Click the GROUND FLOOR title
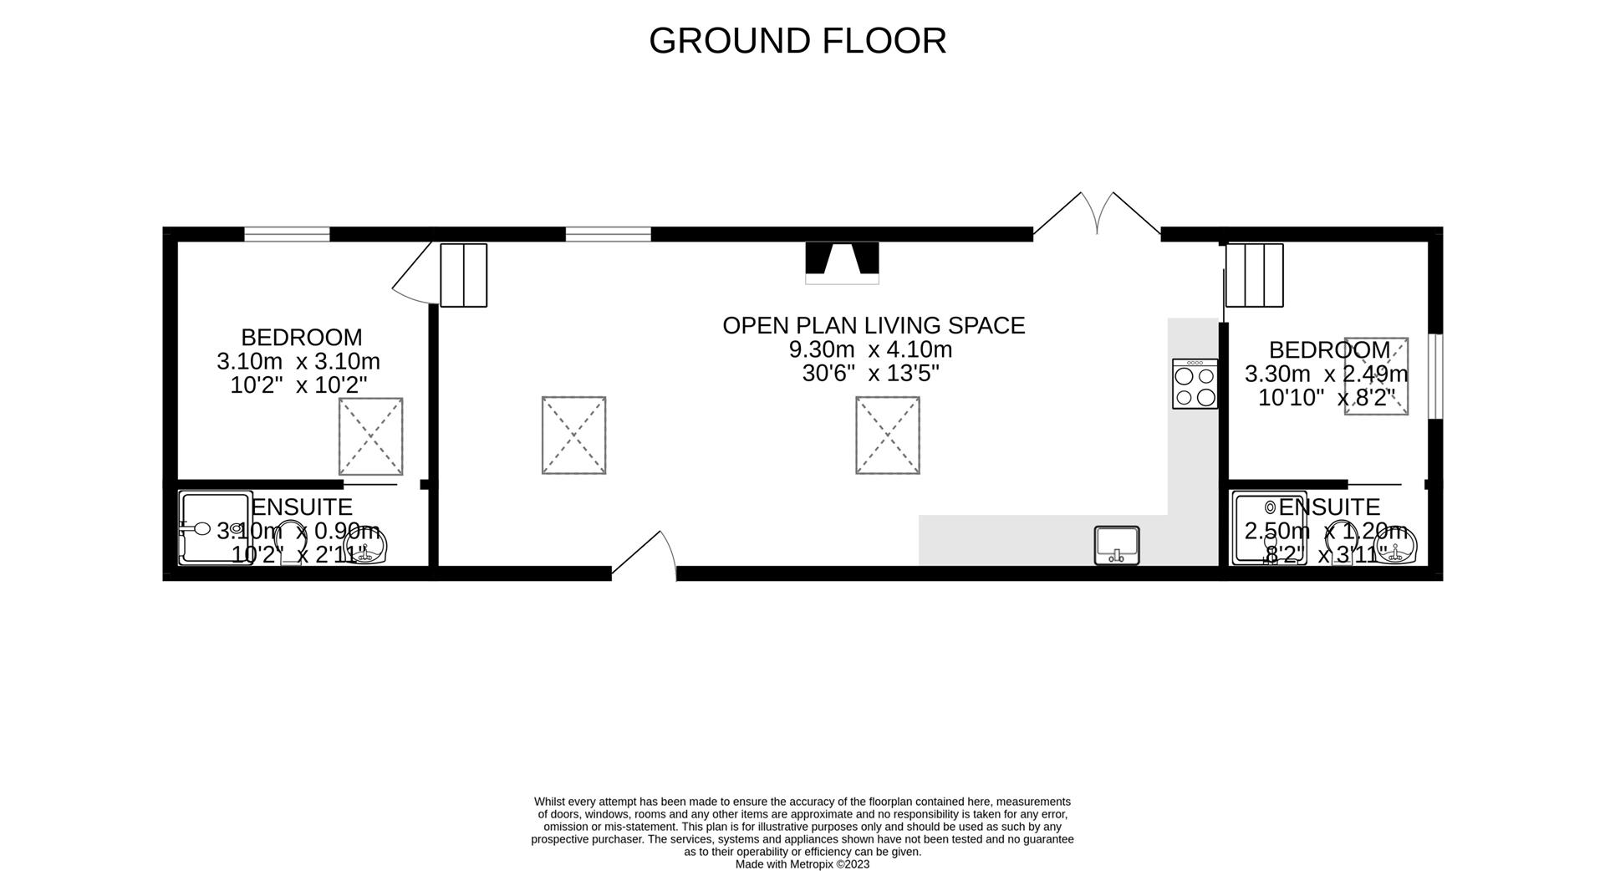tap(797, 40)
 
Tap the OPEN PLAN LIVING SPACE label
tap(874, 325)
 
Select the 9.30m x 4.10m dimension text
tap(870, 349)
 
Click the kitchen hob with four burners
tap(1195, 384)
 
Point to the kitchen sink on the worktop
tap(1117, 545)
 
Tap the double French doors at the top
tap(1097, 214)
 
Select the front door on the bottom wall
tap(645, 555)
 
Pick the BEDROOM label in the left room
tap(302, 338)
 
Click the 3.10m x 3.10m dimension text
tap(298, 362)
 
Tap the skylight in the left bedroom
tap(370, 436)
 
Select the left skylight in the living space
tap(573, 435)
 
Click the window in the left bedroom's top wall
tap(287, 234)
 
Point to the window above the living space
tap(608, 234)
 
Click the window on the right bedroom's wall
tap(1435, 376)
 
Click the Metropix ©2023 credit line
tap(802, 864)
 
